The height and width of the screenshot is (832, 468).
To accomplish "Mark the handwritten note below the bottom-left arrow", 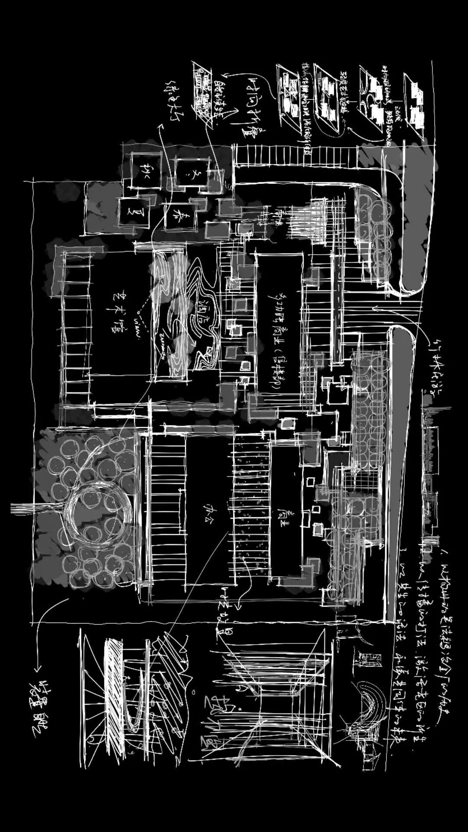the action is [x=41, y=711].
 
